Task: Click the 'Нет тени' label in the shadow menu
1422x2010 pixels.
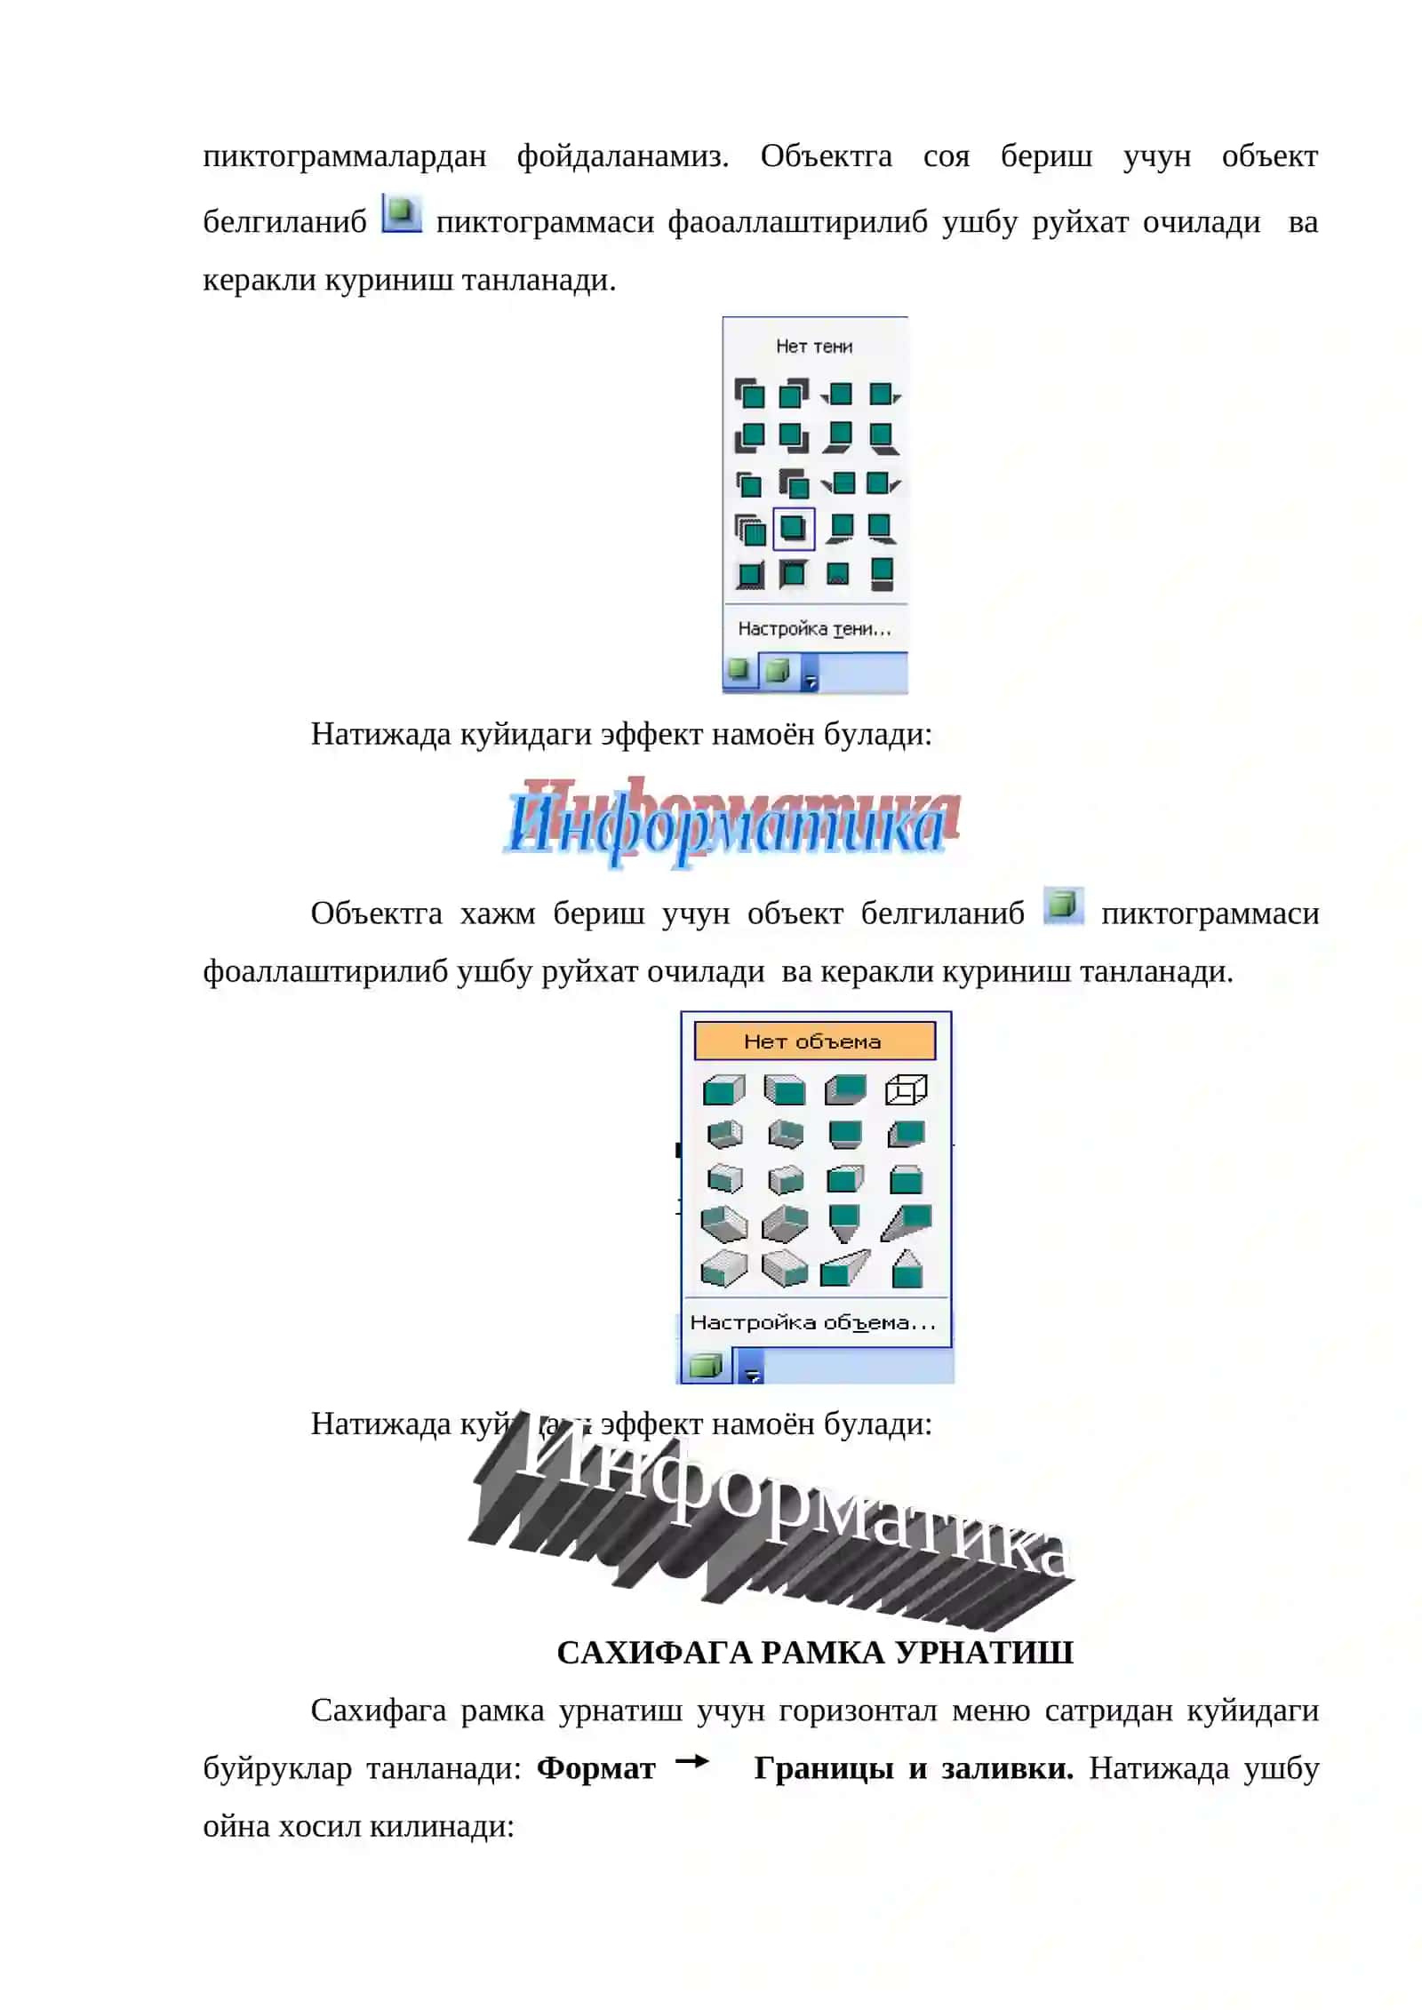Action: coord(813,346)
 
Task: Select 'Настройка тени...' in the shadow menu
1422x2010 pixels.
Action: coord(814,628)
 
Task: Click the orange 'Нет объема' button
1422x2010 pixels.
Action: coord(814,1041)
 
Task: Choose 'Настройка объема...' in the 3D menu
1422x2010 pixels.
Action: coord(813,1322)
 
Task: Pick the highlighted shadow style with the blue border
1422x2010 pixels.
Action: coord(793,529)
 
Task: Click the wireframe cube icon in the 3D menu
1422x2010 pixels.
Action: coord(906,1089)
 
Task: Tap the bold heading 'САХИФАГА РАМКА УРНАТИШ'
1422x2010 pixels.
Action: coord(815,1651)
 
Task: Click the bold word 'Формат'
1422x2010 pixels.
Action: coord(595,1767)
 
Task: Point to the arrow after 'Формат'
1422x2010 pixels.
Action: coord(692,1760)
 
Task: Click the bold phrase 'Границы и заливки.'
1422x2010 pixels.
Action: coord(914,1767)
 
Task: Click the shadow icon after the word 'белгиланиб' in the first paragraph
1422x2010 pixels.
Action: coord(402,214)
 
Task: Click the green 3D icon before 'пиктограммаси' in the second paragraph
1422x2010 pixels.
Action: coord(1063,905)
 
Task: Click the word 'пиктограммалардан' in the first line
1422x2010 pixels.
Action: coord(345,156)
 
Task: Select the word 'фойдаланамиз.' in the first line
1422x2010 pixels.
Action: coord(623,156)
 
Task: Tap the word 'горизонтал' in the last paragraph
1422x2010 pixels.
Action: coord(859,1710)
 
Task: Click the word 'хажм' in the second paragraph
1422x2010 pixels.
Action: coord(498,913)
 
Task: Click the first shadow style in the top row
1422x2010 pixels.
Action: coord(749,393)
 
